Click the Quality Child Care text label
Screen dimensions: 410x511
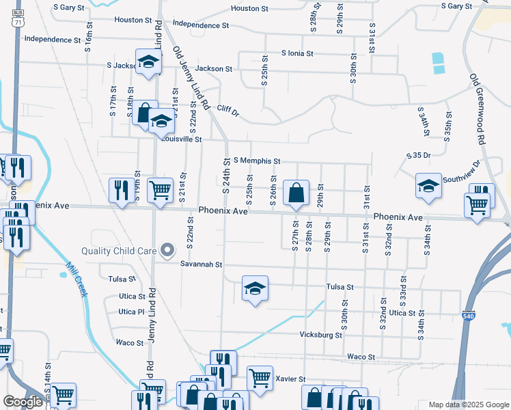120,251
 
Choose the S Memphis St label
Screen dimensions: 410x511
257,161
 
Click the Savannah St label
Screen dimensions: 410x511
202,264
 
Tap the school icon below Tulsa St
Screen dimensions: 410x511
255,289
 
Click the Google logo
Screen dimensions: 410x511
23,402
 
